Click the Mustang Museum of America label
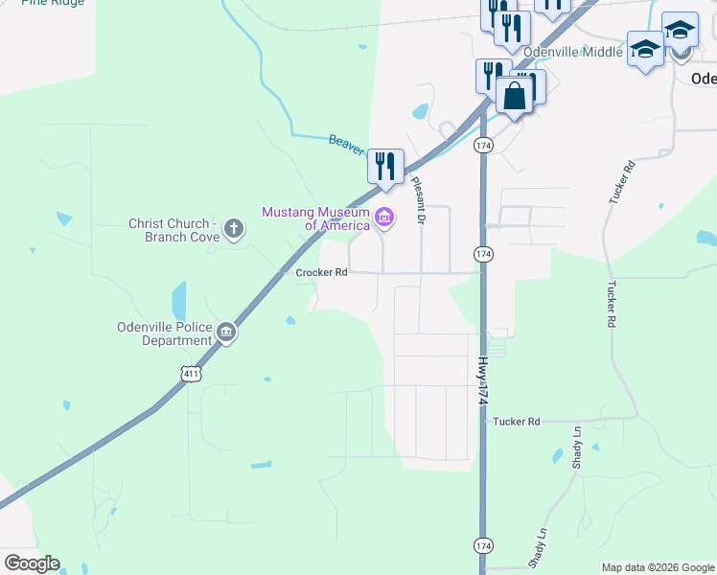pos(315,218)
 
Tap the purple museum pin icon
pos(384,218)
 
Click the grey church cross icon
pos(233,229)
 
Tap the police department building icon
pos(226,333)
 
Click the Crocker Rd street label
pos(320,272)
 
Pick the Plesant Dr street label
pos(417,200)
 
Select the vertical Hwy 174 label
pos(484,380)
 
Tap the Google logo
pos(32,563)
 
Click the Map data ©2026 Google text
pos(659,567)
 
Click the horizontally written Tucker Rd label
pos(517,421)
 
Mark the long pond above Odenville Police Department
pos(179,301)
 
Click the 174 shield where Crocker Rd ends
pos(482,254)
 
